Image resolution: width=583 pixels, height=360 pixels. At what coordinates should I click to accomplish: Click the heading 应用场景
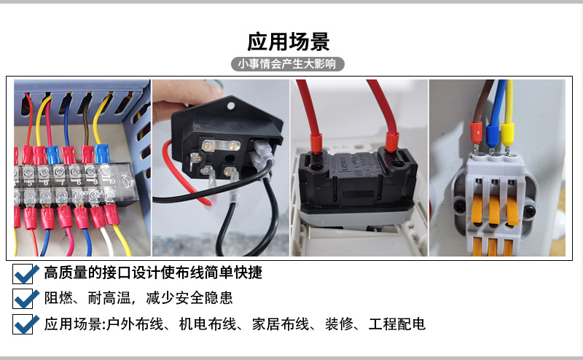[x=289, y=42]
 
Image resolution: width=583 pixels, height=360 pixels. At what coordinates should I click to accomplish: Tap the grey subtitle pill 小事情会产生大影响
[x=288, y=64]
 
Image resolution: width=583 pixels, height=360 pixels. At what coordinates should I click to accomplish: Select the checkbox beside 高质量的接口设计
[x=23, y=274]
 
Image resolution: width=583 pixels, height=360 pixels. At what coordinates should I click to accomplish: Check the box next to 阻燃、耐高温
[x=23, y=299]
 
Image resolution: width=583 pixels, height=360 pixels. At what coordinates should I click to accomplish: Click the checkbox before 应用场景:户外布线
[x=23, y=324]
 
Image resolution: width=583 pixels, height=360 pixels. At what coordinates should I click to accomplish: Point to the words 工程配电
[x=396, y=324]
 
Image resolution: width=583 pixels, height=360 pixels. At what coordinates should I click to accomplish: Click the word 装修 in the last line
[x=339, y=324]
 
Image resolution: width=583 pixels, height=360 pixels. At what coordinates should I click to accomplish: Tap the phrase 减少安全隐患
[x=189, y=298]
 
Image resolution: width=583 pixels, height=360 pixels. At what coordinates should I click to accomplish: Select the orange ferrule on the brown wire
[x=476, y=133]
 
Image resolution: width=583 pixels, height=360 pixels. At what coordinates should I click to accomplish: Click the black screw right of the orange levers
[x=529, y=213]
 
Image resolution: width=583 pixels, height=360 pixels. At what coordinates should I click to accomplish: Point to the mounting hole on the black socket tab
[x=230, y=106]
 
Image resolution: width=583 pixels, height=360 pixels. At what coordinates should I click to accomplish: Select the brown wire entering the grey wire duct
[x=87, y=122]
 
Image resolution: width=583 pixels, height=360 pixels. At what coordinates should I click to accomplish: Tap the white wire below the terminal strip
[x=108, y=241]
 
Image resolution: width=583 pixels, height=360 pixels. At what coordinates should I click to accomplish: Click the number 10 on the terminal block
[x=111, y=181]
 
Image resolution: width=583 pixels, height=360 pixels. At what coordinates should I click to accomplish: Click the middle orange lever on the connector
[x=494, y=211]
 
